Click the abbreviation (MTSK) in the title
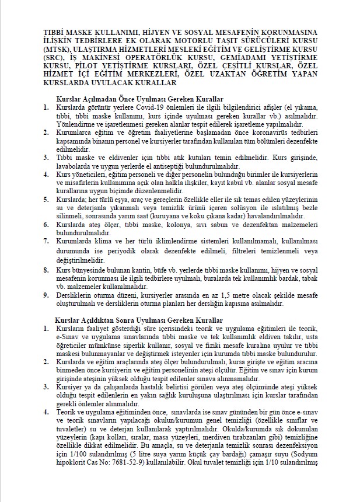(x=58, y=50)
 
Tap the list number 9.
(x=47, y=295)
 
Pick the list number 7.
(x=47, y=240)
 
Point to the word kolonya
(x=182, y=224)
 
